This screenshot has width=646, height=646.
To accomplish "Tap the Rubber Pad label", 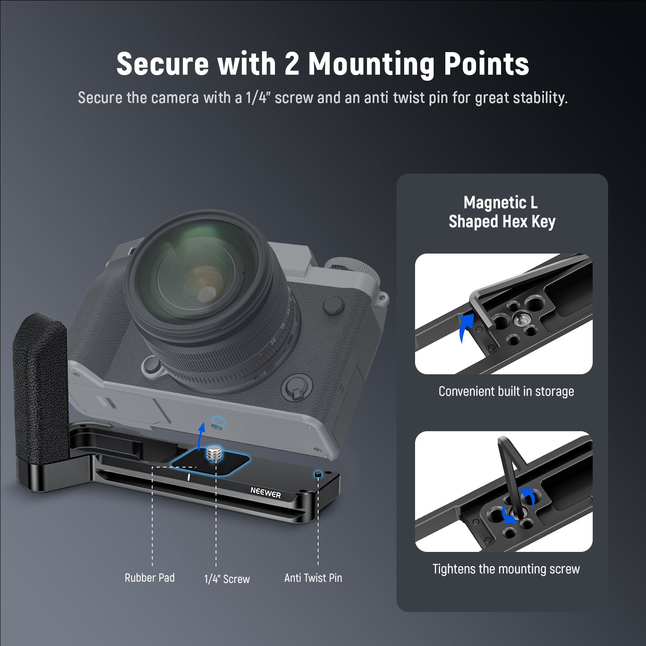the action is (149, 578).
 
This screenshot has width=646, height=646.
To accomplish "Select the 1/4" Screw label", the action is (227, 579).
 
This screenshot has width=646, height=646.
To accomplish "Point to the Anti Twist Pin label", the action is (313, 578).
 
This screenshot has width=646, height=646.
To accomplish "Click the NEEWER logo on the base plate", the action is (266, 493).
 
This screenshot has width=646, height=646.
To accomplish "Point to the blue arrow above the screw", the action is (201, 436).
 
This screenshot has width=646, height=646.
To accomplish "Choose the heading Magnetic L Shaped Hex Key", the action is (502, 212).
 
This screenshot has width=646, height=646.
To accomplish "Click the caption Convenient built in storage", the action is (506, 391).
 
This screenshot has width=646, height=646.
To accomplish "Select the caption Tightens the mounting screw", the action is (506, 569).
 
